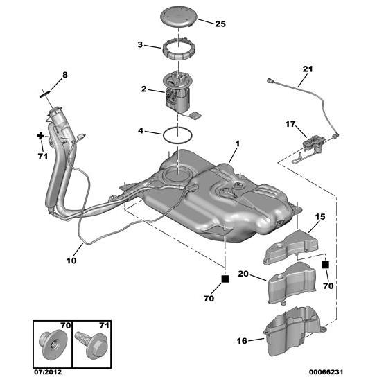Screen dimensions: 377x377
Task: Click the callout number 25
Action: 220,24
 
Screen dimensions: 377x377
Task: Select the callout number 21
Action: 308,69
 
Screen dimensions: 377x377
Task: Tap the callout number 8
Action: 65,74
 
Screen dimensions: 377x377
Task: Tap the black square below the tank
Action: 225,279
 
